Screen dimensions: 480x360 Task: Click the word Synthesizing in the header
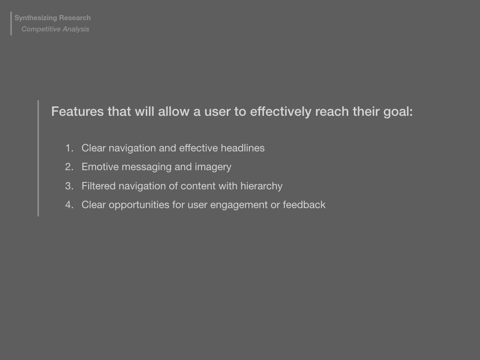(36, 18)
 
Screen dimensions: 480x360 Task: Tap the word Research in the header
(75, 18)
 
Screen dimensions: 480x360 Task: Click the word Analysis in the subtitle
(75, 30)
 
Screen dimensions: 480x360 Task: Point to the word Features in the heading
(77, 112)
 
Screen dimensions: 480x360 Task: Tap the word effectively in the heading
(281, 112)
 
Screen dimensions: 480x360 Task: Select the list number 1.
(69, 148)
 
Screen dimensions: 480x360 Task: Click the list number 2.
(69, 167)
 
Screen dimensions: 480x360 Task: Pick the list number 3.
(69, 186)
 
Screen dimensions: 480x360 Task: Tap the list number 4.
(69, 205)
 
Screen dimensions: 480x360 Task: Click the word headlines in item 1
(242, 148)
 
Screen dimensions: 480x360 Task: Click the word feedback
(304, 204)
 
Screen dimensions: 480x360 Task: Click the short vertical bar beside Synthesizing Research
(11, 23)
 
